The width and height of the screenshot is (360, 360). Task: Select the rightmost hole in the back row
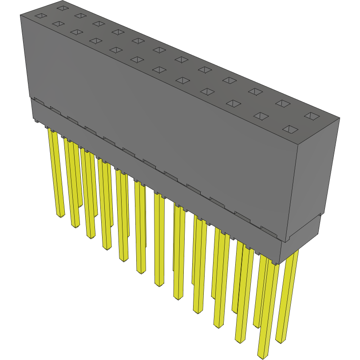(312, 116)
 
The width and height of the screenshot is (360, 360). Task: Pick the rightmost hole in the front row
(290, 129)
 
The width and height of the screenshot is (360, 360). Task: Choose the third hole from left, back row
(99, 23)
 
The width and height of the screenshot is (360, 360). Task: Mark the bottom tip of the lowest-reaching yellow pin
(262, 356)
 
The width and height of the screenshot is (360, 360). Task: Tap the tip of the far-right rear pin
(281, 341)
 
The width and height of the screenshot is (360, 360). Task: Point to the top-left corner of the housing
(20, 15)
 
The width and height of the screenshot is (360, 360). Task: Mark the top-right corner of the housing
(340, 118)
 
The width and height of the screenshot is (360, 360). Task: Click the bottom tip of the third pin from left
(91, 237)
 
